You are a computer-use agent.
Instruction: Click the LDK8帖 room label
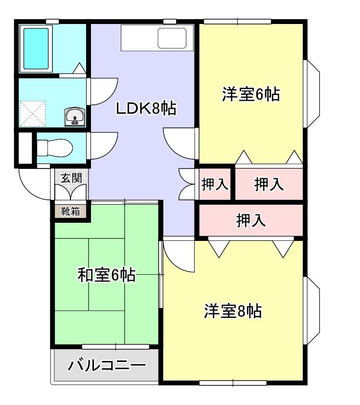(x=146, y=108)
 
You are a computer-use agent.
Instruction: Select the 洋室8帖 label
(x=233, y=311)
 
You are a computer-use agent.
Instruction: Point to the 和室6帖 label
(x=107, y=276)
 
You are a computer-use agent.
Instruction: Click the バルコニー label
(x=107, y=365)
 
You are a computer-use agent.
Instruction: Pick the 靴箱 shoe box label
(x=70, y=212)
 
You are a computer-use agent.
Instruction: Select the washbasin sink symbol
(x=75, y=117)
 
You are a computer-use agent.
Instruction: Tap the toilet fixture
(x=55, y=147)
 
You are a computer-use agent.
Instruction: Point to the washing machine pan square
(x=32, y=114)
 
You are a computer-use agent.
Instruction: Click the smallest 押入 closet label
(x=215, y=184)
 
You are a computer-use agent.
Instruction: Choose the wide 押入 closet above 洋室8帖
(x=251, y=221)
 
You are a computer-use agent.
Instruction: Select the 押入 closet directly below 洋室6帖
(x=269, y=184)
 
